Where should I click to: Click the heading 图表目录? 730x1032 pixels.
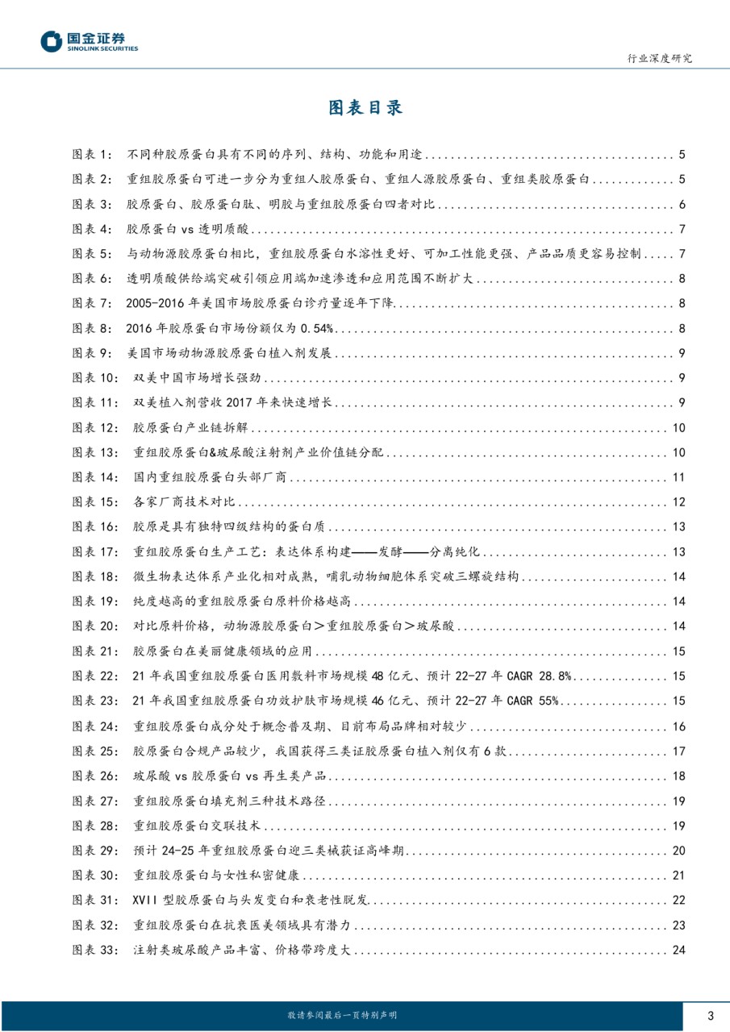pyautogui.click(x=365, y=108)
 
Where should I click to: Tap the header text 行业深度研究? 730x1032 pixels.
pyautogui.click(x=659, y=59)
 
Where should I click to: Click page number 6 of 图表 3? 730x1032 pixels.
pyautogui.click(x=682, y=204)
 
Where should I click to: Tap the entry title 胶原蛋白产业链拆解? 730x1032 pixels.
pyautogui.click(x=194, y=428)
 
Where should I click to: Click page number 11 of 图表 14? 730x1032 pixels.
pyautogui.click(x=678, y=478)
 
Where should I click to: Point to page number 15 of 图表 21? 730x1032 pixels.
pyautogui.click(x=678, y=652)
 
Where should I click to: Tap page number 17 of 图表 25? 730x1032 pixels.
pyautogui.click(x=678, y=751)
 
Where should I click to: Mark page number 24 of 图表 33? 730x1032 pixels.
pyautogui.click(x=678, y=951)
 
